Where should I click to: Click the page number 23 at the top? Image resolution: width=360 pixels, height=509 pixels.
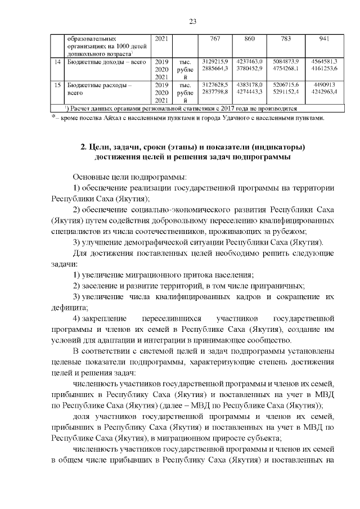[192, 21]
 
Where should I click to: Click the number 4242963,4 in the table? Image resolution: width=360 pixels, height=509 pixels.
[324, 91]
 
